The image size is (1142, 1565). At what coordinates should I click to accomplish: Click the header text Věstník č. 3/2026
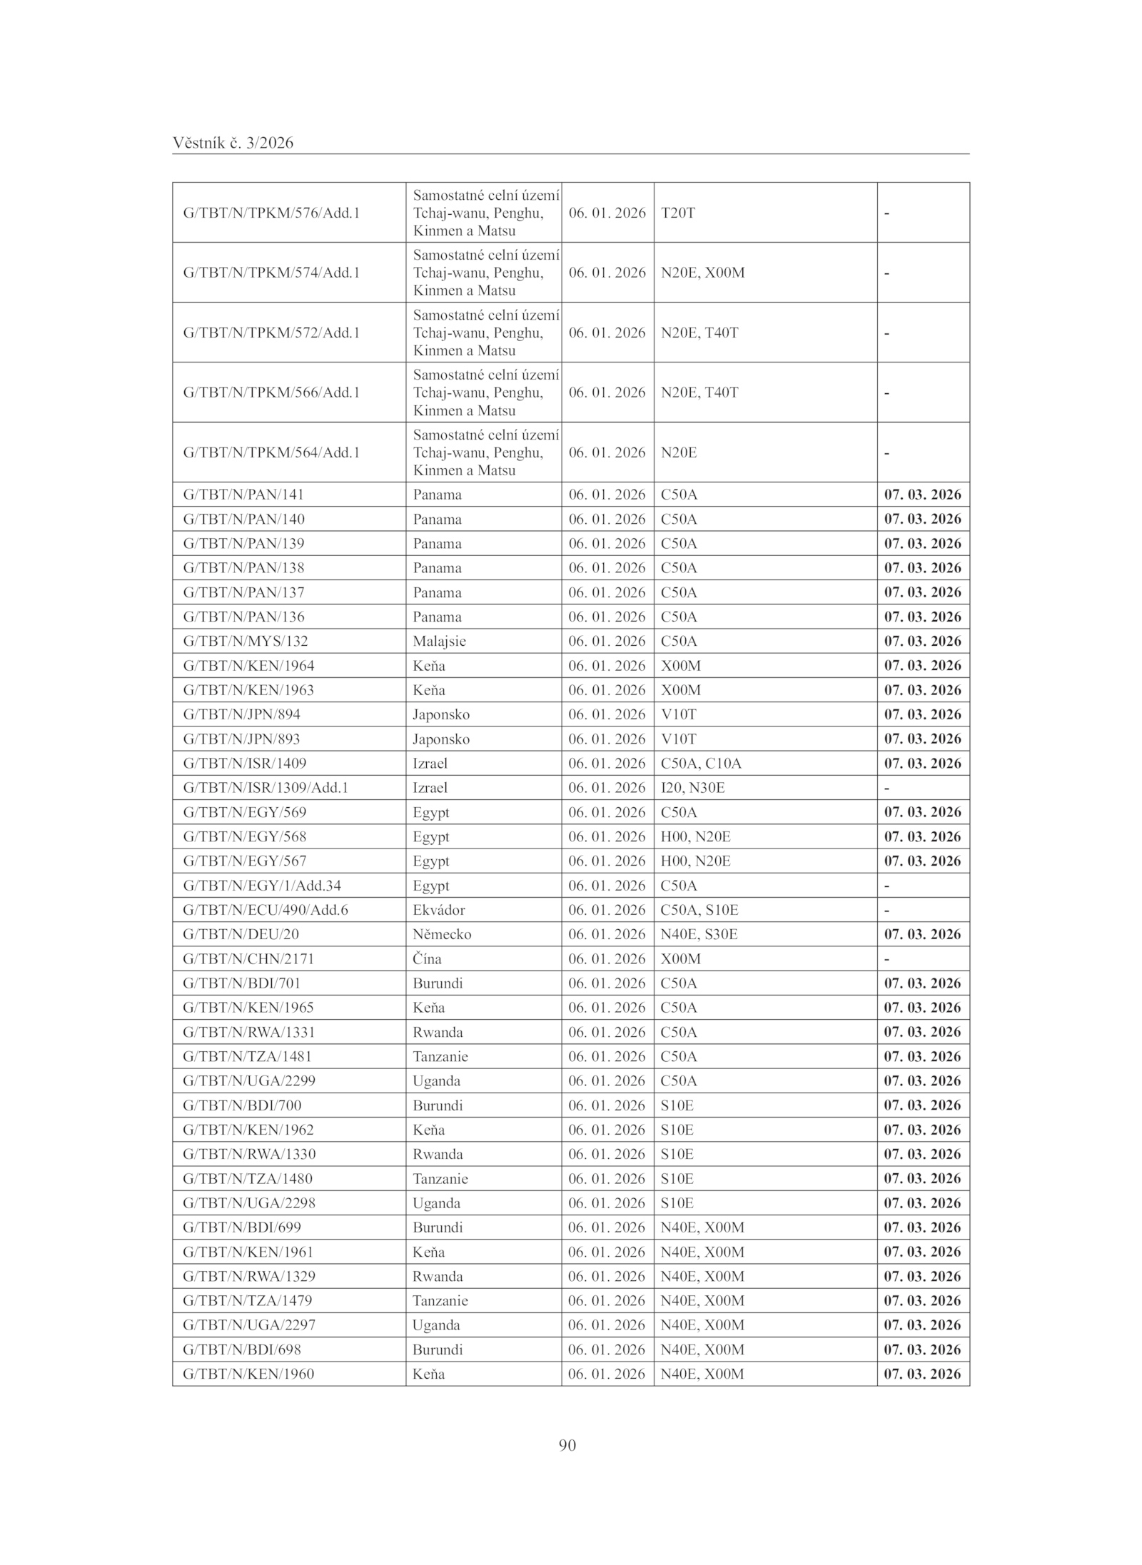click(233, 143)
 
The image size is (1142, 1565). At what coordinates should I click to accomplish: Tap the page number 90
click(567, 1445)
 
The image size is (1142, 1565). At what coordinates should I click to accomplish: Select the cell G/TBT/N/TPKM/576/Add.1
click(271, 213)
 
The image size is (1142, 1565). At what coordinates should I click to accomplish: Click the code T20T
click(677, 213)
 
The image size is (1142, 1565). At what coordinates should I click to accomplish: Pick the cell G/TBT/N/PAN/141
click(243, 495)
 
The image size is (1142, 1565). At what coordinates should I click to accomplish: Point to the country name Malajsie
click(439, 641)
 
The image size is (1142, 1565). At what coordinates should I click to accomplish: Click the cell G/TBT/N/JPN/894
click(241, 714)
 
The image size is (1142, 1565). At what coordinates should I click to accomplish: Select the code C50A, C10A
click(701, 763)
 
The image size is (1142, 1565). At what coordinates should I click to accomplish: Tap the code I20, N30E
click(692, 788)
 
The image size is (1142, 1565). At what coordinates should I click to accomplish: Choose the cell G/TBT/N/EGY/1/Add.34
click(262, 886)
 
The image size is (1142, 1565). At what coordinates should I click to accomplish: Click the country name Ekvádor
click(438, 910)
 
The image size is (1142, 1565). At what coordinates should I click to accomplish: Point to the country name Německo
click(442, 934)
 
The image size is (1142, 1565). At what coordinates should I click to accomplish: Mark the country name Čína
click(427, 958)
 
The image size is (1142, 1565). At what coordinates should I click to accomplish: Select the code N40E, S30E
click(699, 934)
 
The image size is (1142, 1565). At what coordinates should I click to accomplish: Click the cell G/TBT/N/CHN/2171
click(248, 958)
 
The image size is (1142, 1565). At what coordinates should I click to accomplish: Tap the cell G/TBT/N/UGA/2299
click(249, 1080)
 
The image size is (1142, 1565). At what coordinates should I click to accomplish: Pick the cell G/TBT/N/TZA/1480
click(248, 1178)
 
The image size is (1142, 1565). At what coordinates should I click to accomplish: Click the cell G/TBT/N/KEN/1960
click(248, 1374)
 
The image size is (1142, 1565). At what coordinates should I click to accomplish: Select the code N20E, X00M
click(702, 273)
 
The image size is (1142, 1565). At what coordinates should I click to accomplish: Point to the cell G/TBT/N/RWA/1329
click(249, 1276)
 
